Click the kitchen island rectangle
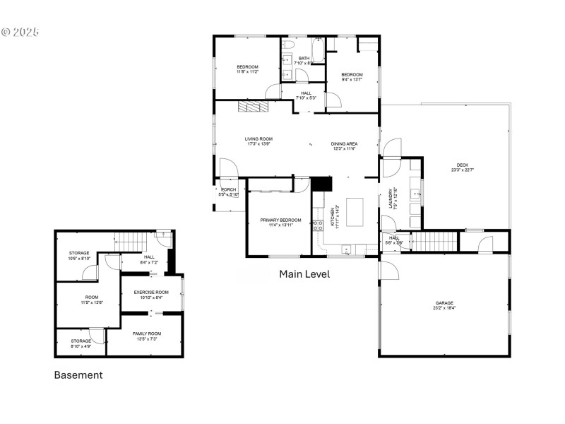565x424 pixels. click(355, 211)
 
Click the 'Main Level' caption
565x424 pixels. click(304, 273)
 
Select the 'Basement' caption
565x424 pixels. click(78, 375)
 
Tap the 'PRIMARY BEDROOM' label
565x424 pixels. click(280, 220)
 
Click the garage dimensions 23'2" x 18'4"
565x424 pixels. click(444, 308)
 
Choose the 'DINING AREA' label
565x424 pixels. click(344, 144)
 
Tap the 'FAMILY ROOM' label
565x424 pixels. click(147, 334)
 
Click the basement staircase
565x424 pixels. click(130, 242)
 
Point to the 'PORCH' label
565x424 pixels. click(228, 189)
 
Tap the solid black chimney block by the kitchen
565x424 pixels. click(322, 184)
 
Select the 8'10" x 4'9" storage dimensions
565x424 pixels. click(79, 346)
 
